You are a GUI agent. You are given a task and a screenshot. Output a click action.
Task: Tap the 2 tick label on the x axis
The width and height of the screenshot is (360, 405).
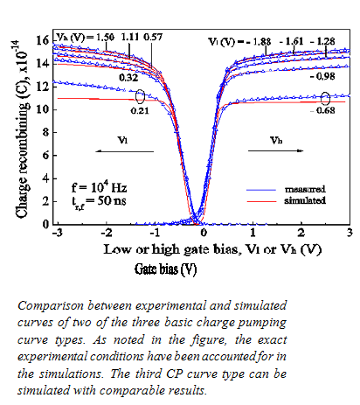pyautogui.click(x=301, y=233)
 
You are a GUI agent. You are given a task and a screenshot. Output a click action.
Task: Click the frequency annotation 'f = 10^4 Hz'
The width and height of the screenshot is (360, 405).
pyautogui.click(x=98, y=186)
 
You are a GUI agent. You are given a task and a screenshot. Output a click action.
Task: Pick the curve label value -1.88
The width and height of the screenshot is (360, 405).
pyautogui.click(x=262, y=41)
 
